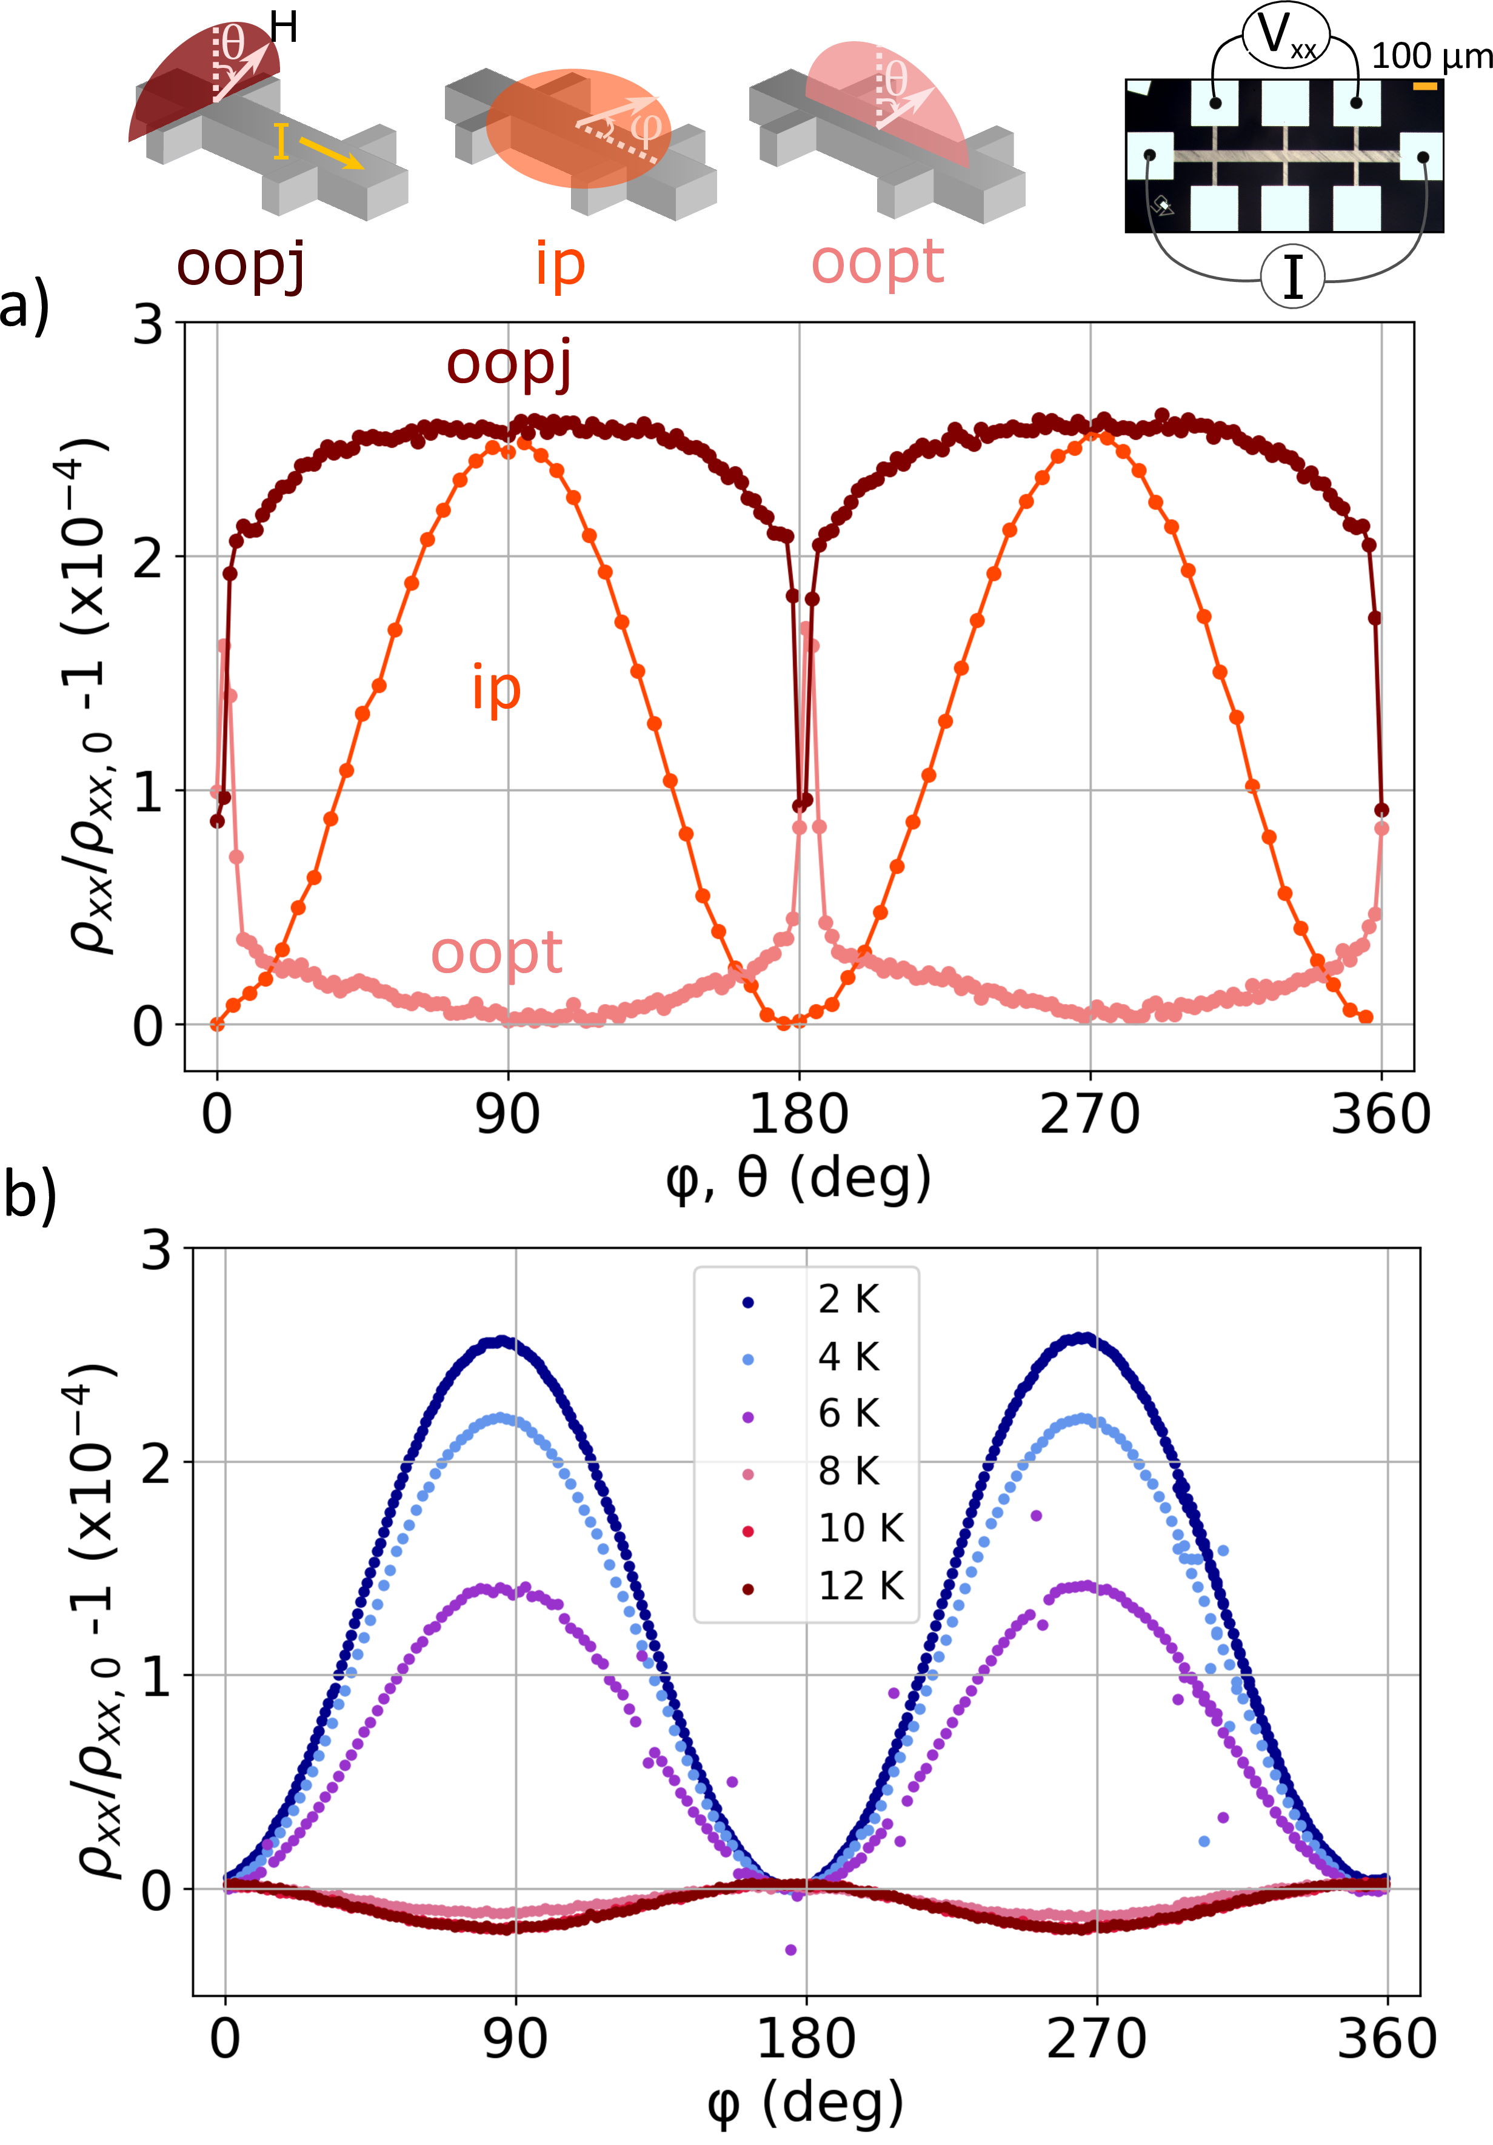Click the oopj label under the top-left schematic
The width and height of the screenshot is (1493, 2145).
click(x=241, y=264)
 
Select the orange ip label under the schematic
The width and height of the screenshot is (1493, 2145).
click(x=559, y=264)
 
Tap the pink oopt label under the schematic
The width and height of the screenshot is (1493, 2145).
click(x=877, y=261)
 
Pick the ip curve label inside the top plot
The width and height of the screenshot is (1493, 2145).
click(x=496, y=689)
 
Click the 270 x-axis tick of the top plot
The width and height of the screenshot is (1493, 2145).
click(x=1089, y=1114)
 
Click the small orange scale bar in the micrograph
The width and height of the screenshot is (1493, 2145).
click(x=1425, y=87)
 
